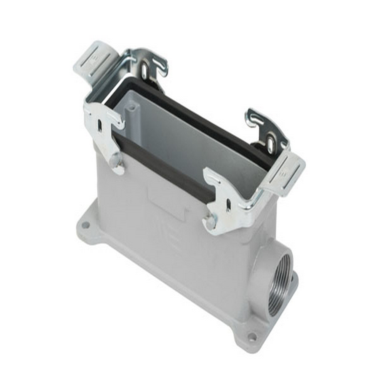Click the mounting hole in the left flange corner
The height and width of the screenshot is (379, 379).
pos(85,225)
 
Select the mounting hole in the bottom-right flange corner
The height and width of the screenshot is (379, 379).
pos(252,337)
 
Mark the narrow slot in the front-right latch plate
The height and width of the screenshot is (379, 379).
pos(228,205)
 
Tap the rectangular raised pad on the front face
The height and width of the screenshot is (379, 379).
pos(166,202)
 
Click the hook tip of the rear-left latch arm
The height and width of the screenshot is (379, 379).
pos(163,72)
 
